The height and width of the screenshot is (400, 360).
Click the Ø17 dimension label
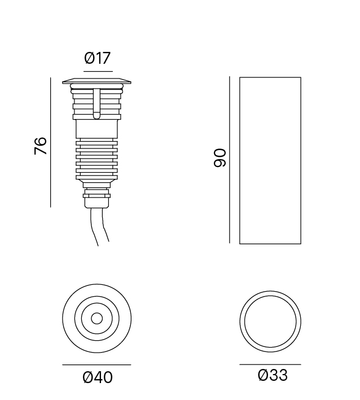coord(98,58)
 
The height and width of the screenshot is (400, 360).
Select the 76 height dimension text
coord(41,146)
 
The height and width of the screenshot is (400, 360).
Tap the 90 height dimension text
coord(219,158)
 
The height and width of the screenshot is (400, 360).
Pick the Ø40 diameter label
coord(98,377)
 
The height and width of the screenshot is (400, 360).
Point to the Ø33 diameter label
coord(273,375)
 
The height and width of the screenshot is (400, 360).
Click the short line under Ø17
coord(98,72)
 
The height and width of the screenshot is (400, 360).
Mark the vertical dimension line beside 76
coord(51,142)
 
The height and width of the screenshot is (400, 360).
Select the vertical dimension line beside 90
coord(230,160)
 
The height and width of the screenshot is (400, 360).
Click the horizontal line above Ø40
coord(96,365)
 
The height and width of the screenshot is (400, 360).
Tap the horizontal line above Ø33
coord(270,364)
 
